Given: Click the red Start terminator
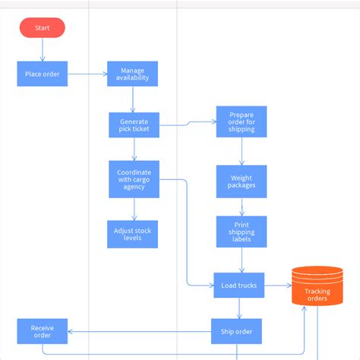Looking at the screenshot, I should click(43, 28).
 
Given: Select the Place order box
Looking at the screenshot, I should click(43, 74).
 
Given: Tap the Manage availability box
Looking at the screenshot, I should click(132, 74).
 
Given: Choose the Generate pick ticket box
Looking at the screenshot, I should click(134, 125).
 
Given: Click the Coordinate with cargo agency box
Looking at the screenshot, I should click(134, 179).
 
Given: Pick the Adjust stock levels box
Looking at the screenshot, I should click(132, 234).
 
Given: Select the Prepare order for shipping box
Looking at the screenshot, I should click(242, 122).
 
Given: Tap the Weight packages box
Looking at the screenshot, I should click(242, 182).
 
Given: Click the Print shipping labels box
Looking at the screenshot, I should click(242, 232).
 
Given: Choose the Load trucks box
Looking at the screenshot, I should click(238, 286).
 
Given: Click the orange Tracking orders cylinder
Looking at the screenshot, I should click(317, 286).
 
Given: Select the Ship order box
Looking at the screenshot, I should click(236, 331).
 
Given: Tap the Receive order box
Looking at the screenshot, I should click(43, 331).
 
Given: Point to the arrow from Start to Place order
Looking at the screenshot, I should click(43, 49).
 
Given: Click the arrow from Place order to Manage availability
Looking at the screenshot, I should click(87, 74).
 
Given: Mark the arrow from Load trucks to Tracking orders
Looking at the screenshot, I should click(278, 286).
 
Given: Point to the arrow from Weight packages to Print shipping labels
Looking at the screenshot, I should click(242, 207).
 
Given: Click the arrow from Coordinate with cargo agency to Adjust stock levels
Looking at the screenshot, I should click(134, 209).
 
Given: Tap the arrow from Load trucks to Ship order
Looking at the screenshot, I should click(238, 308).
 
